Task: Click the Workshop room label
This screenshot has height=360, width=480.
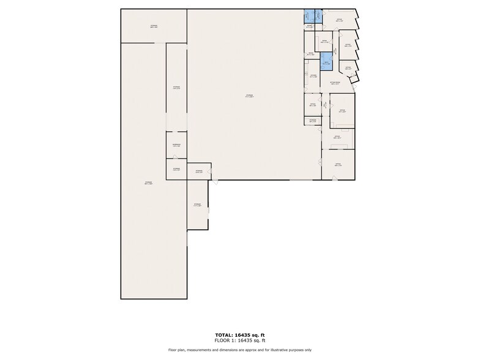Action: pos(176,146)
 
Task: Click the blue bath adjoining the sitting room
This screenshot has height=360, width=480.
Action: pos(326,62)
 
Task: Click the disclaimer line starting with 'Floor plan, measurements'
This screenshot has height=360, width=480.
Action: pos(240,350)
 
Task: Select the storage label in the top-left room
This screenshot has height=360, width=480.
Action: pos(154,26)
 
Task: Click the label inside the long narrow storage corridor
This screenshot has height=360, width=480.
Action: pos(176,88)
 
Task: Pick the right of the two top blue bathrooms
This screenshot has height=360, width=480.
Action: pos(318,17)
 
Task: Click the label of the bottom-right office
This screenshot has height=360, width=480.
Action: pos(338,164)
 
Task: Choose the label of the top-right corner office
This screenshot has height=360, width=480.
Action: pos(339,20)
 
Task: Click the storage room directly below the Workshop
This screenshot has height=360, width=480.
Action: pos(176,168)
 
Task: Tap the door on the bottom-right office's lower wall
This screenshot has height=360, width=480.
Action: pos(334,179)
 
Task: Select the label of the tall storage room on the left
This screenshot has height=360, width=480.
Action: pos(148,183)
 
